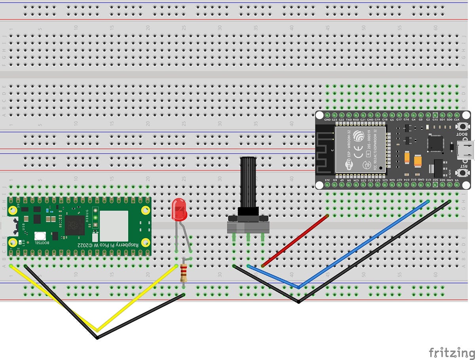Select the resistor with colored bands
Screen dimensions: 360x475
[x=183, y=273]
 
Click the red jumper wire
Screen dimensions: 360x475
[x=295, y=241]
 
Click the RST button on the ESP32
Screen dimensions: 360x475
[x=462, y=173]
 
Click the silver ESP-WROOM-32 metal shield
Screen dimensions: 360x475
[x=360, y=150]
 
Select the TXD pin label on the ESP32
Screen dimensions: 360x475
[x=349, y=119]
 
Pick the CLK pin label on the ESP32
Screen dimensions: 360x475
[x=456, y=119]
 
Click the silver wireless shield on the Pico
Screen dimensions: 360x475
[x=114, y=226]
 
